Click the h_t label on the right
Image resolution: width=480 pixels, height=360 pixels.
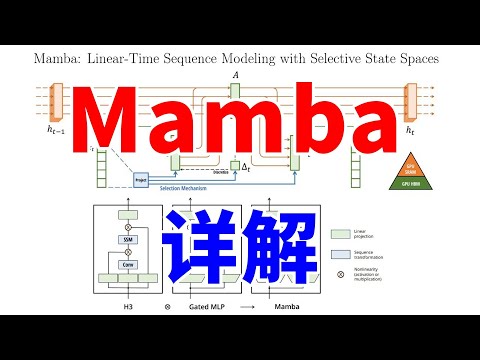410,130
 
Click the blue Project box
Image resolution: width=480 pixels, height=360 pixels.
142,180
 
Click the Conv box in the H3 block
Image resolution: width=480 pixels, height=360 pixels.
128,265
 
